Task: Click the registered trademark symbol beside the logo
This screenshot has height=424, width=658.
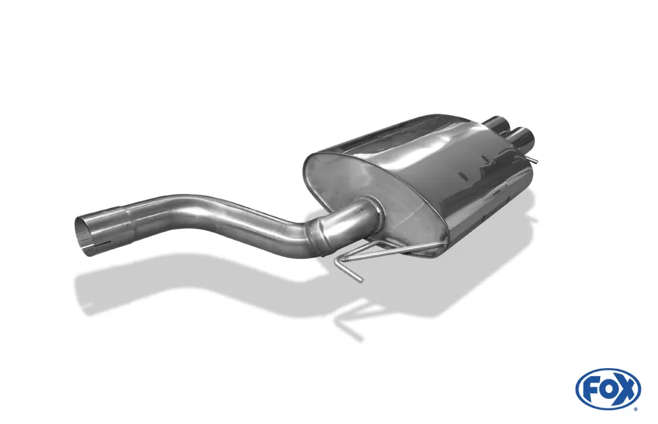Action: point(635,408)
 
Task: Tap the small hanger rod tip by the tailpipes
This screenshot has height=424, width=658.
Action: point(536,160)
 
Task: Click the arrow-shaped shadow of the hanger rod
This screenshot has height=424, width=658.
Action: point(349,316)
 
